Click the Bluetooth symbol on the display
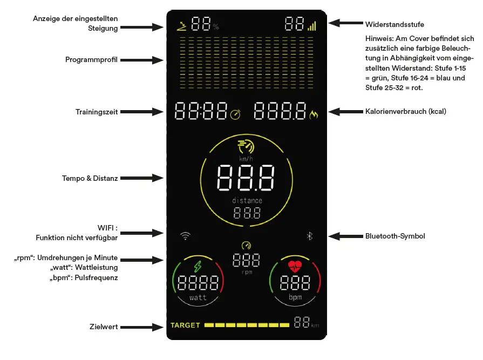tap(310, 236)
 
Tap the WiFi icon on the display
tap(186, 236)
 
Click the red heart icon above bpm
tap(295, 266)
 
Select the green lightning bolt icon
tap(198, 267)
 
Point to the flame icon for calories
tap(314, 114)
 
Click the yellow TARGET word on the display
tap(185, 325)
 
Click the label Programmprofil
tap(92, 59)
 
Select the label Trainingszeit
tap(97, 112)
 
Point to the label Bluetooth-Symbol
tap(395, 236)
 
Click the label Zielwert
tap(104, 327)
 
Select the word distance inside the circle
tap(247, 201)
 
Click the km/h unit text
tap(247, 159)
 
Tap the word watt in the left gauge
tap(198, 297)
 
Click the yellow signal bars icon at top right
tap(312, 25)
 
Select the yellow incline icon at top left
tap(182, 24)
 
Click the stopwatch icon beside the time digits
tap(236, 114)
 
